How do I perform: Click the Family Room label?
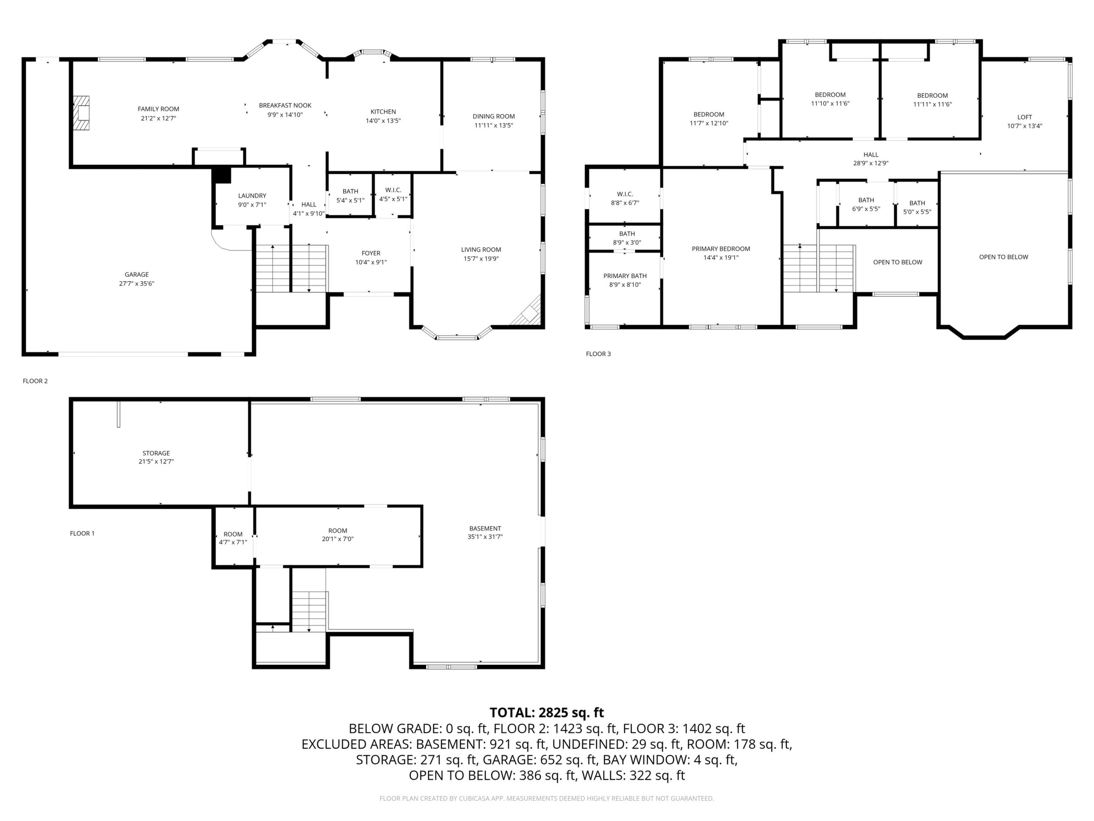pyautogui.click(x=158, y=109)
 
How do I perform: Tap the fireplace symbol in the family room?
pyautogui.click(x=82, y=113)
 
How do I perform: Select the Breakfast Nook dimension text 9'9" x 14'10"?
pyautogui.click(x=285, y=115)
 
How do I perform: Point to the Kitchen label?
pyautogui.click(x=384, y=112)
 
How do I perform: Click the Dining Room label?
pyautogui.click(x=494, y=116)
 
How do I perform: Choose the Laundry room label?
pyautogui.click(x=252, y=196)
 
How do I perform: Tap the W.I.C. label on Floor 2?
pyautogui.click(x=393, y=190)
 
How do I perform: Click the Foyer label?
pyautogui.click(x=371, y=253)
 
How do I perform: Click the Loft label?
pyautogui.click(x=1025, y=117)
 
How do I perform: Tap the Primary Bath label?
pyautogui.click(x=625, y=276)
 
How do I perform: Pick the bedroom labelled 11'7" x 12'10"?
pyautogui.click(x=709, y=119)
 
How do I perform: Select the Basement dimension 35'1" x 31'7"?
pyautogui.click(x=485, y=537)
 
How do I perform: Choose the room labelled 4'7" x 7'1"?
pyautogui.click(x=233, y=539)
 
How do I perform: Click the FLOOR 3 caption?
pyautogui.click(x=598, y=354)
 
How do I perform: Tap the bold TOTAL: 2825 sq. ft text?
pyautogui.click(x=547, y=713)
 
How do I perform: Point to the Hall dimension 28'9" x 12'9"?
pyautogui.click(x=871, y=163)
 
